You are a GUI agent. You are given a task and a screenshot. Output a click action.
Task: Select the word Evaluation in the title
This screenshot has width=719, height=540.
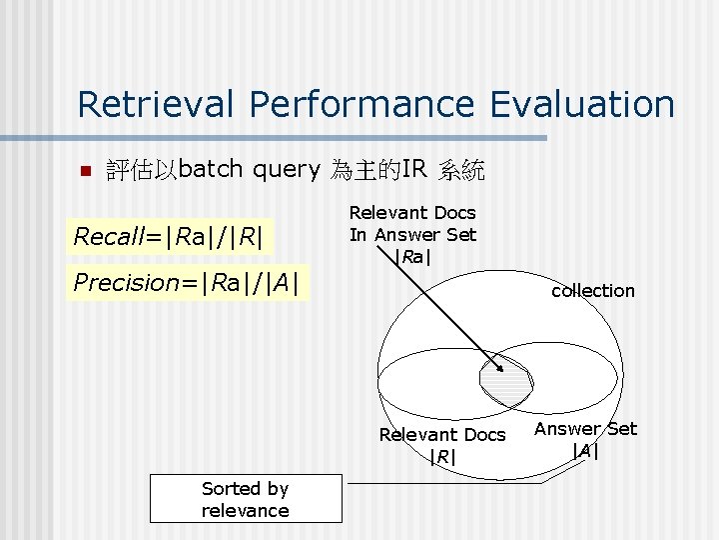(x=583, y=104)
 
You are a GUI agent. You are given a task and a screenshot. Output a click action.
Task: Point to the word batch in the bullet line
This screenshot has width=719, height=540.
(x=212, y=169)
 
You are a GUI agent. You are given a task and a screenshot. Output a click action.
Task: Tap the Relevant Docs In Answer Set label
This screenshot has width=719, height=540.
(x=412, y=224)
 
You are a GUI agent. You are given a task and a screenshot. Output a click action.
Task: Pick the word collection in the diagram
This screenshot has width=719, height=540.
(x=593, y=290)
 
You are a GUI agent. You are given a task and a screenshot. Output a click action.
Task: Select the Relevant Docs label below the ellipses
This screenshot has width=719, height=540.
(x=441, y=435)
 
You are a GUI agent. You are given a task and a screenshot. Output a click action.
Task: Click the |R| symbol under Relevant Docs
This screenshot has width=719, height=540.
(x=441, y=457)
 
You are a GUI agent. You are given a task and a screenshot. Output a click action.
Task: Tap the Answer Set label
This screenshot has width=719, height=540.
(x=585, y=429)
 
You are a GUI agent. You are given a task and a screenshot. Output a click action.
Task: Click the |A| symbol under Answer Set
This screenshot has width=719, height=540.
(x=585, y=450)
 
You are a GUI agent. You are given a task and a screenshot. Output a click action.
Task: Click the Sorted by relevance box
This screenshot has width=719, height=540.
(x=245, y=499)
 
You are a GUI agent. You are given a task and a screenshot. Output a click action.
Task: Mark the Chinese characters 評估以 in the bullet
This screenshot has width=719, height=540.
(x=142, y=170)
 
